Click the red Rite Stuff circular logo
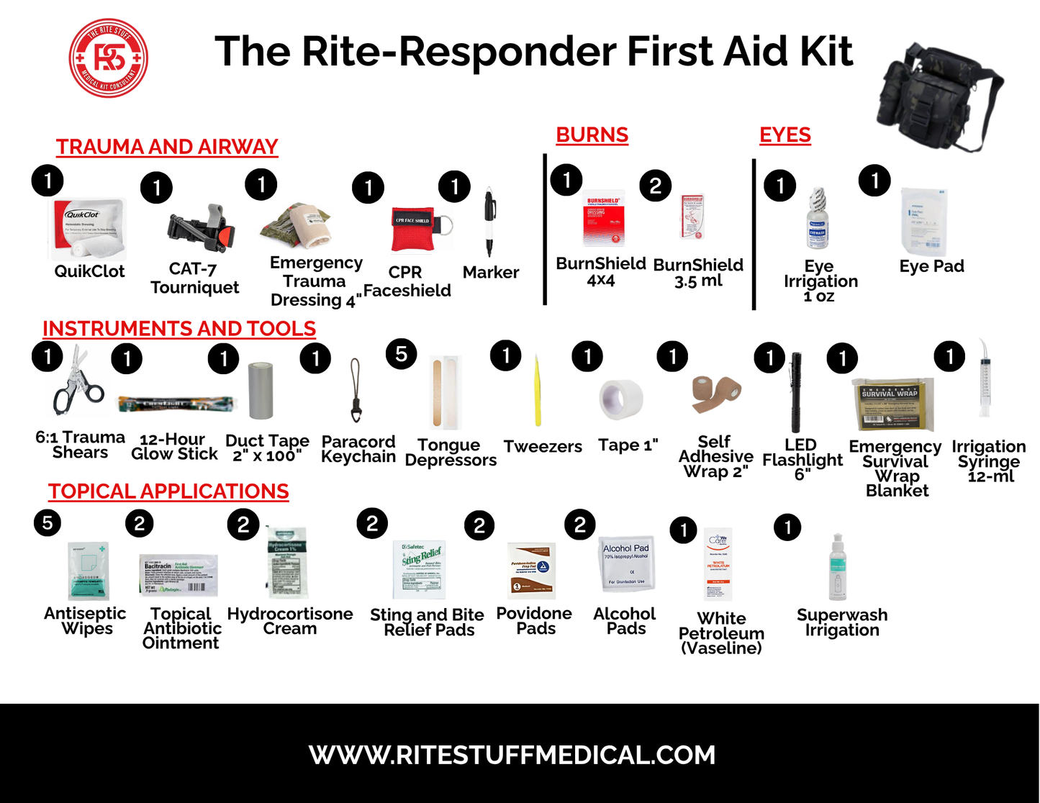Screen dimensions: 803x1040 pyautogui.click(x=109, y=58)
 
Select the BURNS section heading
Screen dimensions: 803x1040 pyautogui.click(x=592, y=135)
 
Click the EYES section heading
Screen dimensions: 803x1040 pyautogui.click(x=784, y=135)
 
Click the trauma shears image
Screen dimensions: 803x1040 pyautogui.click(x=76, y=386)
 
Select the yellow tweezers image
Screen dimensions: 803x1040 pyautogui.click(x=537, y=393)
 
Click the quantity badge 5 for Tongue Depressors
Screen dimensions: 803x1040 pyautogui.click(x=401, y=354)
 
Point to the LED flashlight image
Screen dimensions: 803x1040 pyautogui.click(x=796, y=392)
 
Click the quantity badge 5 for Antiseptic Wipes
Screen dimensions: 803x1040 pyautogui.click(x=48, y=522)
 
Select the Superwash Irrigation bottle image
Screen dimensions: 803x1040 pyautogui.click(x=837, y=568)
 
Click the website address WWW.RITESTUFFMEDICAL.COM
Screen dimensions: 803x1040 pyautogui.click(x=512, y=755)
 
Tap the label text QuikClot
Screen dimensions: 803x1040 pyautogui.click(x=89, y=272)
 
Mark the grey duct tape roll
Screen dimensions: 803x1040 pyautogui.click(x=261, y=391)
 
